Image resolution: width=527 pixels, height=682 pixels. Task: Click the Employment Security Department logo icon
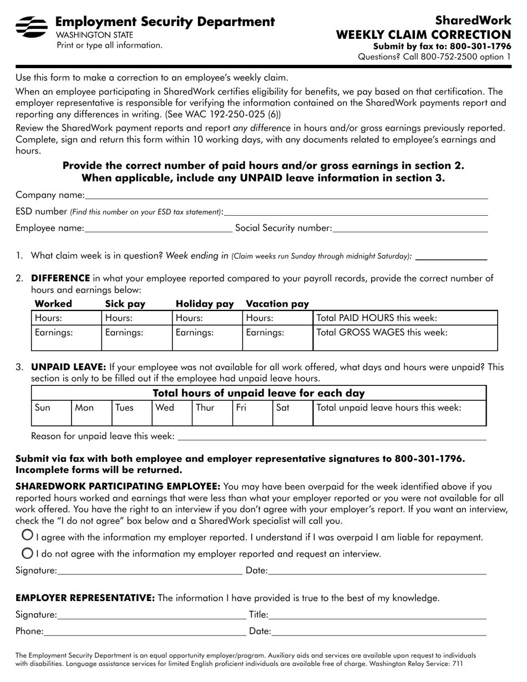[x=31, y=26]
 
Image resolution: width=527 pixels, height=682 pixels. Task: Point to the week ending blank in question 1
[x=451, y=256]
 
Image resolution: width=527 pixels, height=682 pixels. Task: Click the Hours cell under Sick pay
[x=136, y=318]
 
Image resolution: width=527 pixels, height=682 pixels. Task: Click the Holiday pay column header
[x=205, y=304]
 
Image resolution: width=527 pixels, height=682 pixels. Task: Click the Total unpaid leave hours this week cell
[x=399, y=413]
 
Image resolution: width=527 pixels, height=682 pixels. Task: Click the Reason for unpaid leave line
[x=331, y=436]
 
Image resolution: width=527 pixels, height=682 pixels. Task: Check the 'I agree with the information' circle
[x=26, y=535]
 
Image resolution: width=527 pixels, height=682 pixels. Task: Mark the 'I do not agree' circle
[x=26, y=553]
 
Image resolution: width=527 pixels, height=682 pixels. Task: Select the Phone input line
[x=144, y=631]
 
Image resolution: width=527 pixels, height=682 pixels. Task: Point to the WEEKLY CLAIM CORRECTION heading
[x=424, y=35]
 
